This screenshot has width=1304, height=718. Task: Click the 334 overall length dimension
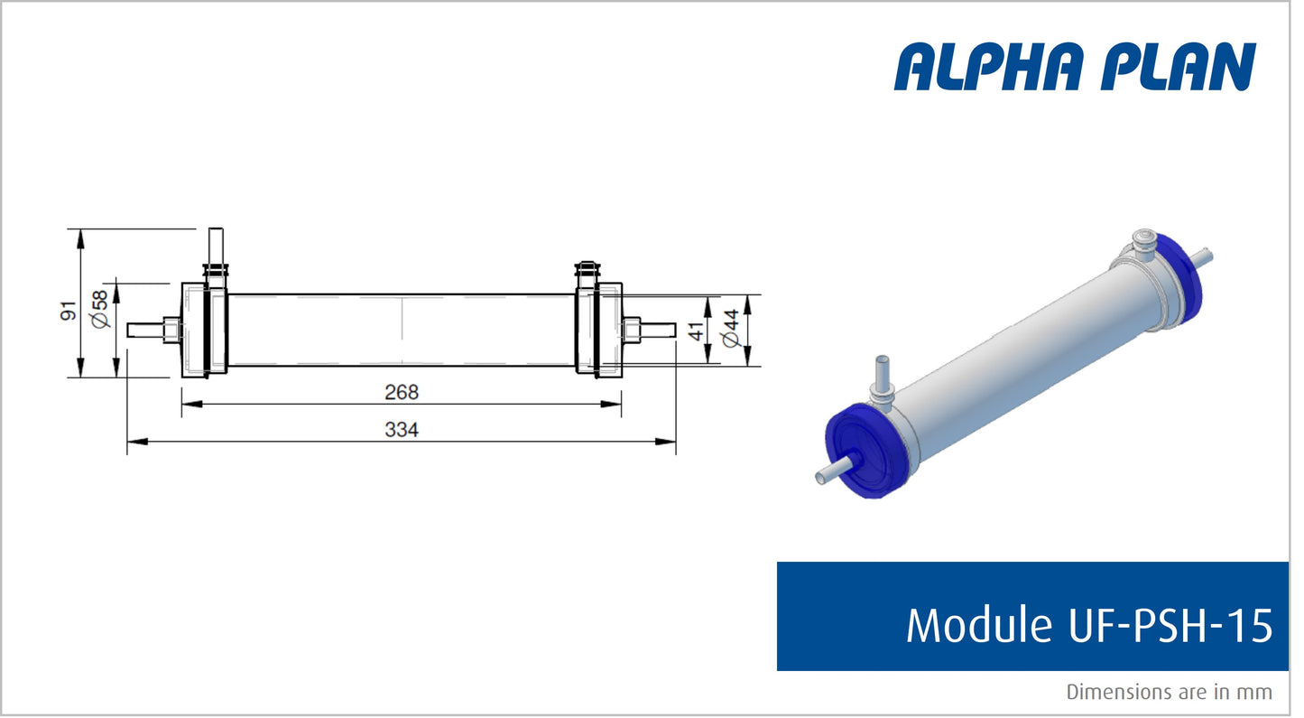click(x=402, y=431)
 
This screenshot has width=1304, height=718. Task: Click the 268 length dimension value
click(x=402, y=393)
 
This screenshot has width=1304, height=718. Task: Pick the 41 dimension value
click(x=696, y=330)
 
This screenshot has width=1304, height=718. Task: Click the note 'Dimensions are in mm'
click(x=1169, y=692)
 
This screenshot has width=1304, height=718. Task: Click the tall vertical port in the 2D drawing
click(x=216, y=246)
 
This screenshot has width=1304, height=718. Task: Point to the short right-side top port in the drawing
click(x=586, y=272)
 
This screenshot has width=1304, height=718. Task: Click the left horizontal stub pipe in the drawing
click(x=144, y=330)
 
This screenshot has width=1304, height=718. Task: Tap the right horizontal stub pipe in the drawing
click(x=658, y=329)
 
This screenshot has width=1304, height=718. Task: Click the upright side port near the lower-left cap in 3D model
click(x=882, y=377)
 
